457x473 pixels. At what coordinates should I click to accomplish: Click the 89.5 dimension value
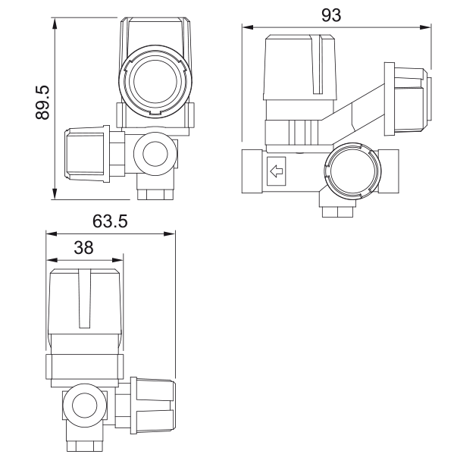[42, 102]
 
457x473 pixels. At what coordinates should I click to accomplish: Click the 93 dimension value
[331, 15]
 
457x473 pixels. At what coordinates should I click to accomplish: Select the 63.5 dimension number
[110, 221]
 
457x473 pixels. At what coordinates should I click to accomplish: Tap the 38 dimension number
[83, 248]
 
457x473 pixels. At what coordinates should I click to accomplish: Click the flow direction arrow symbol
[277, 171]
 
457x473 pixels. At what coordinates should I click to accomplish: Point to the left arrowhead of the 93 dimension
[247, 27]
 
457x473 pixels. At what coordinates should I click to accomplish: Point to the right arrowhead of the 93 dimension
[425, 27]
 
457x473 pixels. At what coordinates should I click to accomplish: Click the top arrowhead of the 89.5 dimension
[55, 23]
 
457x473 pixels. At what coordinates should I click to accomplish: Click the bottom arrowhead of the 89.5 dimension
[55, 193]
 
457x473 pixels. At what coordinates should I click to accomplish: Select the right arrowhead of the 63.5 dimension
[169, 233]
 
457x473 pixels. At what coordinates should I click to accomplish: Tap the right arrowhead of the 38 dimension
[117, 260]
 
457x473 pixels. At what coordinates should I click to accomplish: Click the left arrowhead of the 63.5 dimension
[52, 233]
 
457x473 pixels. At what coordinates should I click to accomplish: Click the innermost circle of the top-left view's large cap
[155, 81]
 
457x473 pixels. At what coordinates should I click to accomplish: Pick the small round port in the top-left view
[155, 154]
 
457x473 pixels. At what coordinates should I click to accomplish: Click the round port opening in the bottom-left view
[85, 406]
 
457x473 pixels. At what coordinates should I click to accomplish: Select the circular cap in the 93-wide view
[352, 171]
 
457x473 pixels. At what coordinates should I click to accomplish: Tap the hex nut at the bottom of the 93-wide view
[337, 211]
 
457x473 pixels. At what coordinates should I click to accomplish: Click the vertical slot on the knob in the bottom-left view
[84, 299]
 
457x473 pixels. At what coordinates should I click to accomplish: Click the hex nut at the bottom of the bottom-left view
[85, 446]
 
